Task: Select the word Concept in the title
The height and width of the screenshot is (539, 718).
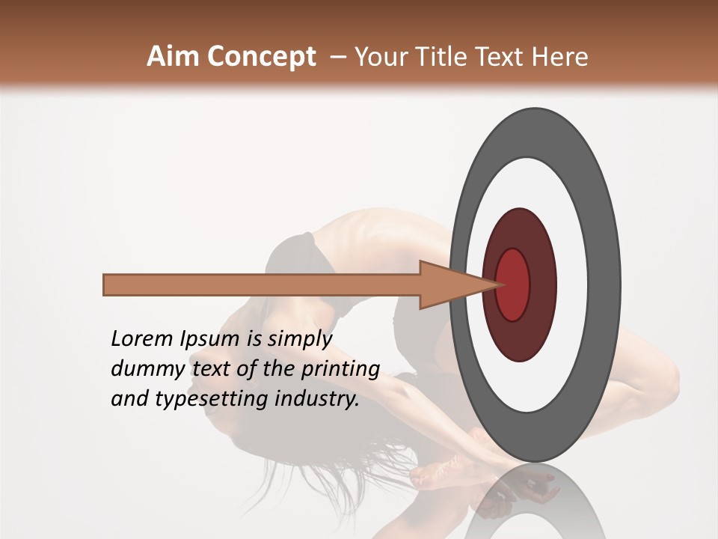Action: [x=261, y=56]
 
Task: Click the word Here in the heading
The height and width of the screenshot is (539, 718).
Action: [x=560, y=56]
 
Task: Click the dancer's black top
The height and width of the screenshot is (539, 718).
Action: [x=295, y=258]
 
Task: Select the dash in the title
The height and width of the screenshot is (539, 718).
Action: [x=337, y=56]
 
